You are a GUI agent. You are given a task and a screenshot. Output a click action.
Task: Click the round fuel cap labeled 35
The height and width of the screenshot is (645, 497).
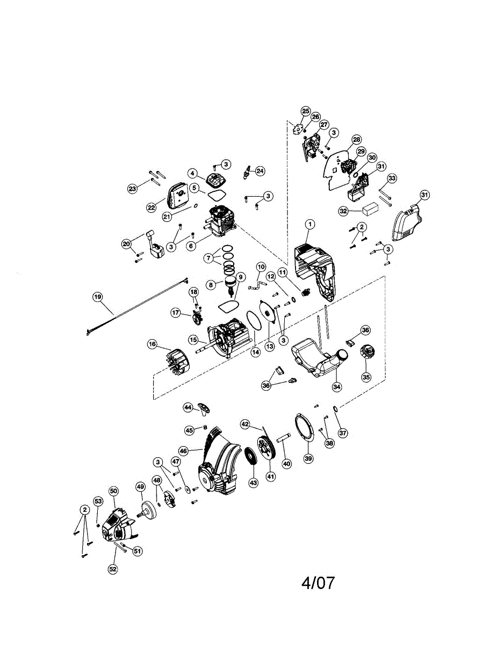[367, 355]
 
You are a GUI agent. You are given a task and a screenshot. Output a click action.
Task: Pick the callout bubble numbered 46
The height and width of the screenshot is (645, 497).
[184, 451]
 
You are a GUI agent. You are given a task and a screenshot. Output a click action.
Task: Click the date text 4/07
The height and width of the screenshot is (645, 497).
[318, 583]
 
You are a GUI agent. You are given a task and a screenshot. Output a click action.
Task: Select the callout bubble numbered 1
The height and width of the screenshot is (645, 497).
[310, 224]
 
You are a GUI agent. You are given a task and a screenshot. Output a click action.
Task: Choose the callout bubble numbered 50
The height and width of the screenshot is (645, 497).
[113, 491]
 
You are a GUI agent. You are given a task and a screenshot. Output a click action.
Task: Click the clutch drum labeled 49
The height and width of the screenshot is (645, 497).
[146, 508]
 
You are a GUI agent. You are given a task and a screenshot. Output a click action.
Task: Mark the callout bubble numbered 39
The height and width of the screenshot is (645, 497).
[308, 458]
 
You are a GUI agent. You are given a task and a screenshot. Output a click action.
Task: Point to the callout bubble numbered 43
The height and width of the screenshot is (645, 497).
[253, 483]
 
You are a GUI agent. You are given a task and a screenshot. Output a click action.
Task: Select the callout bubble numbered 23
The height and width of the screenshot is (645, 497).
[133, 188]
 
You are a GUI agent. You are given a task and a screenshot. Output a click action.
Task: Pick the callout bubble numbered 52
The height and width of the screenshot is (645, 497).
[113, 569]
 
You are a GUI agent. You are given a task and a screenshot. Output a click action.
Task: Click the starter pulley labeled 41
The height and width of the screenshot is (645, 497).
[266, 446]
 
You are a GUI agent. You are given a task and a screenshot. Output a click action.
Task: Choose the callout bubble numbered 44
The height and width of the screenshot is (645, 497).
[188, 407]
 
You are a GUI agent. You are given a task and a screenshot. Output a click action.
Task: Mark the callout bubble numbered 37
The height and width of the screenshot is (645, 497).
[342, 433]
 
